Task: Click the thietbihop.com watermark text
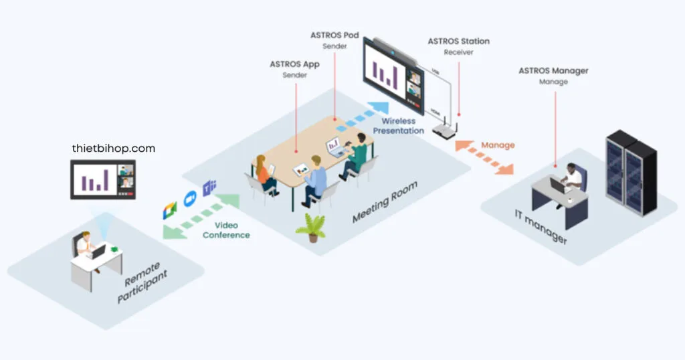click(x=113, y=149)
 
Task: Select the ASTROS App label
click(x=294, y=64)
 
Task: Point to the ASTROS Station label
click(x=458, y=41)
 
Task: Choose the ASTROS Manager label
click(x=553, y=70)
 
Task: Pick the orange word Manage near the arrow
click(x=498, y=145)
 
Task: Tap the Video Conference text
click(x=226, y=230)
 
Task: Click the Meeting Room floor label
click(x=385, y=202)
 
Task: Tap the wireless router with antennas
click(x=444, y=129)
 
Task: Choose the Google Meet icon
click(x=169, y=209)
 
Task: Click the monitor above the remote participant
click(x=103, y=179)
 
